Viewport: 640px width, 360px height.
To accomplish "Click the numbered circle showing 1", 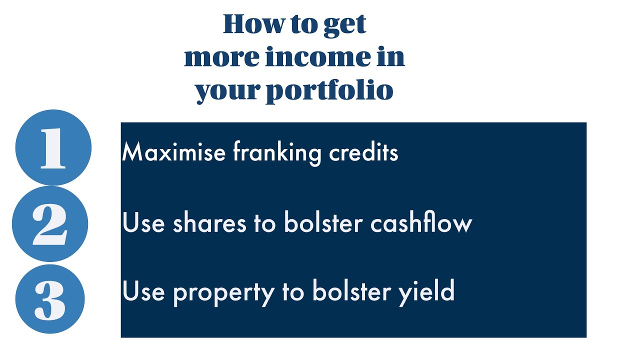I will point(53,148).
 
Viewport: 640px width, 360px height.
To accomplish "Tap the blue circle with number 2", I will point(50,223).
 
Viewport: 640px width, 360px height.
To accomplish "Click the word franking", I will point(277,152).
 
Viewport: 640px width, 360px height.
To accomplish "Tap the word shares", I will point(210,223).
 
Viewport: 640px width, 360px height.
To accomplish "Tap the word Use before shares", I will point(144,223).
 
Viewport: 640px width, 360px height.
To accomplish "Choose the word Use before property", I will point(144,291).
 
